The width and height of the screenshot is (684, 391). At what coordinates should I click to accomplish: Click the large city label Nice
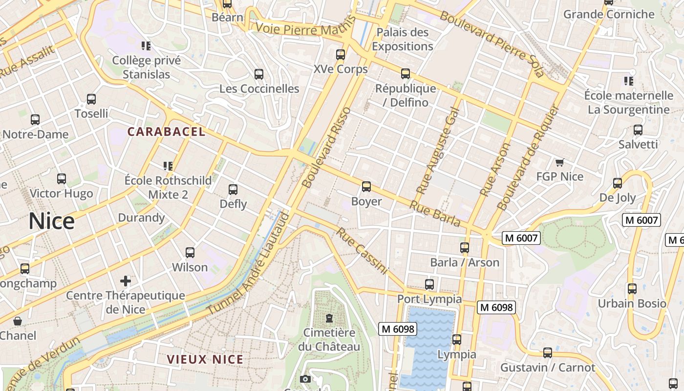51,221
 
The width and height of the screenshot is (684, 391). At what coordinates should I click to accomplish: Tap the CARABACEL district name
167,131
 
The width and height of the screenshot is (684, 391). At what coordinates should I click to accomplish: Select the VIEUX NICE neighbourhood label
205,359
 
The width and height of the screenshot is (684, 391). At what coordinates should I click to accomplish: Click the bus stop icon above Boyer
366,187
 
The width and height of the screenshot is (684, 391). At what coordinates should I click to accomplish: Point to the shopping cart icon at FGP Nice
560,162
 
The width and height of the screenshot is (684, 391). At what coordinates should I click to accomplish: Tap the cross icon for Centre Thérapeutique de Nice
126,281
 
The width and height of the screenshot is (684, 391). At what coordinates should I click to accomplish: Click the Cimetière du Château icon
329,319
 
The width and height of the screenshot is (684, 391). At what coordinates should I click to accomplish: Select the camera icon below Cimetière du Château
305,379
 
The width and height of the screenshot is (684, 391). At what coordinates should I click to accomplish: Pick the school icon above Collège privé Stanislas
146,46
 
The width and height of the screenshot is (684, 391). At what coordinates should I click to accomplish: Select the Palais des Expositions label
403,40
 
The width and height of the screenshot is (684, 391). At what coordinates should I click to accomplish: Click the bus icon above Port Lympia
429,284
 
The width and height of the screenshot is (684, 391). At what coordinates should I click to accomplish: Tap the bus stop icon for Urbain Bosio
632,289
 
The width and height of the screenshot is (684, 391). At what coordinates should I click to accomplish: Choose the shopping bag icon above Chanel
18,321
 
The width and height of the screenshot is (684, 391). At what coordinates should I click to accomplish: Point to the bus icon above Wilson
190,253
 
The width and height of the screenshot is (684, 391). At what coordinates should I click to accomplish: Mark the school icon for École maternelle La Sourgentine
628,81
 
